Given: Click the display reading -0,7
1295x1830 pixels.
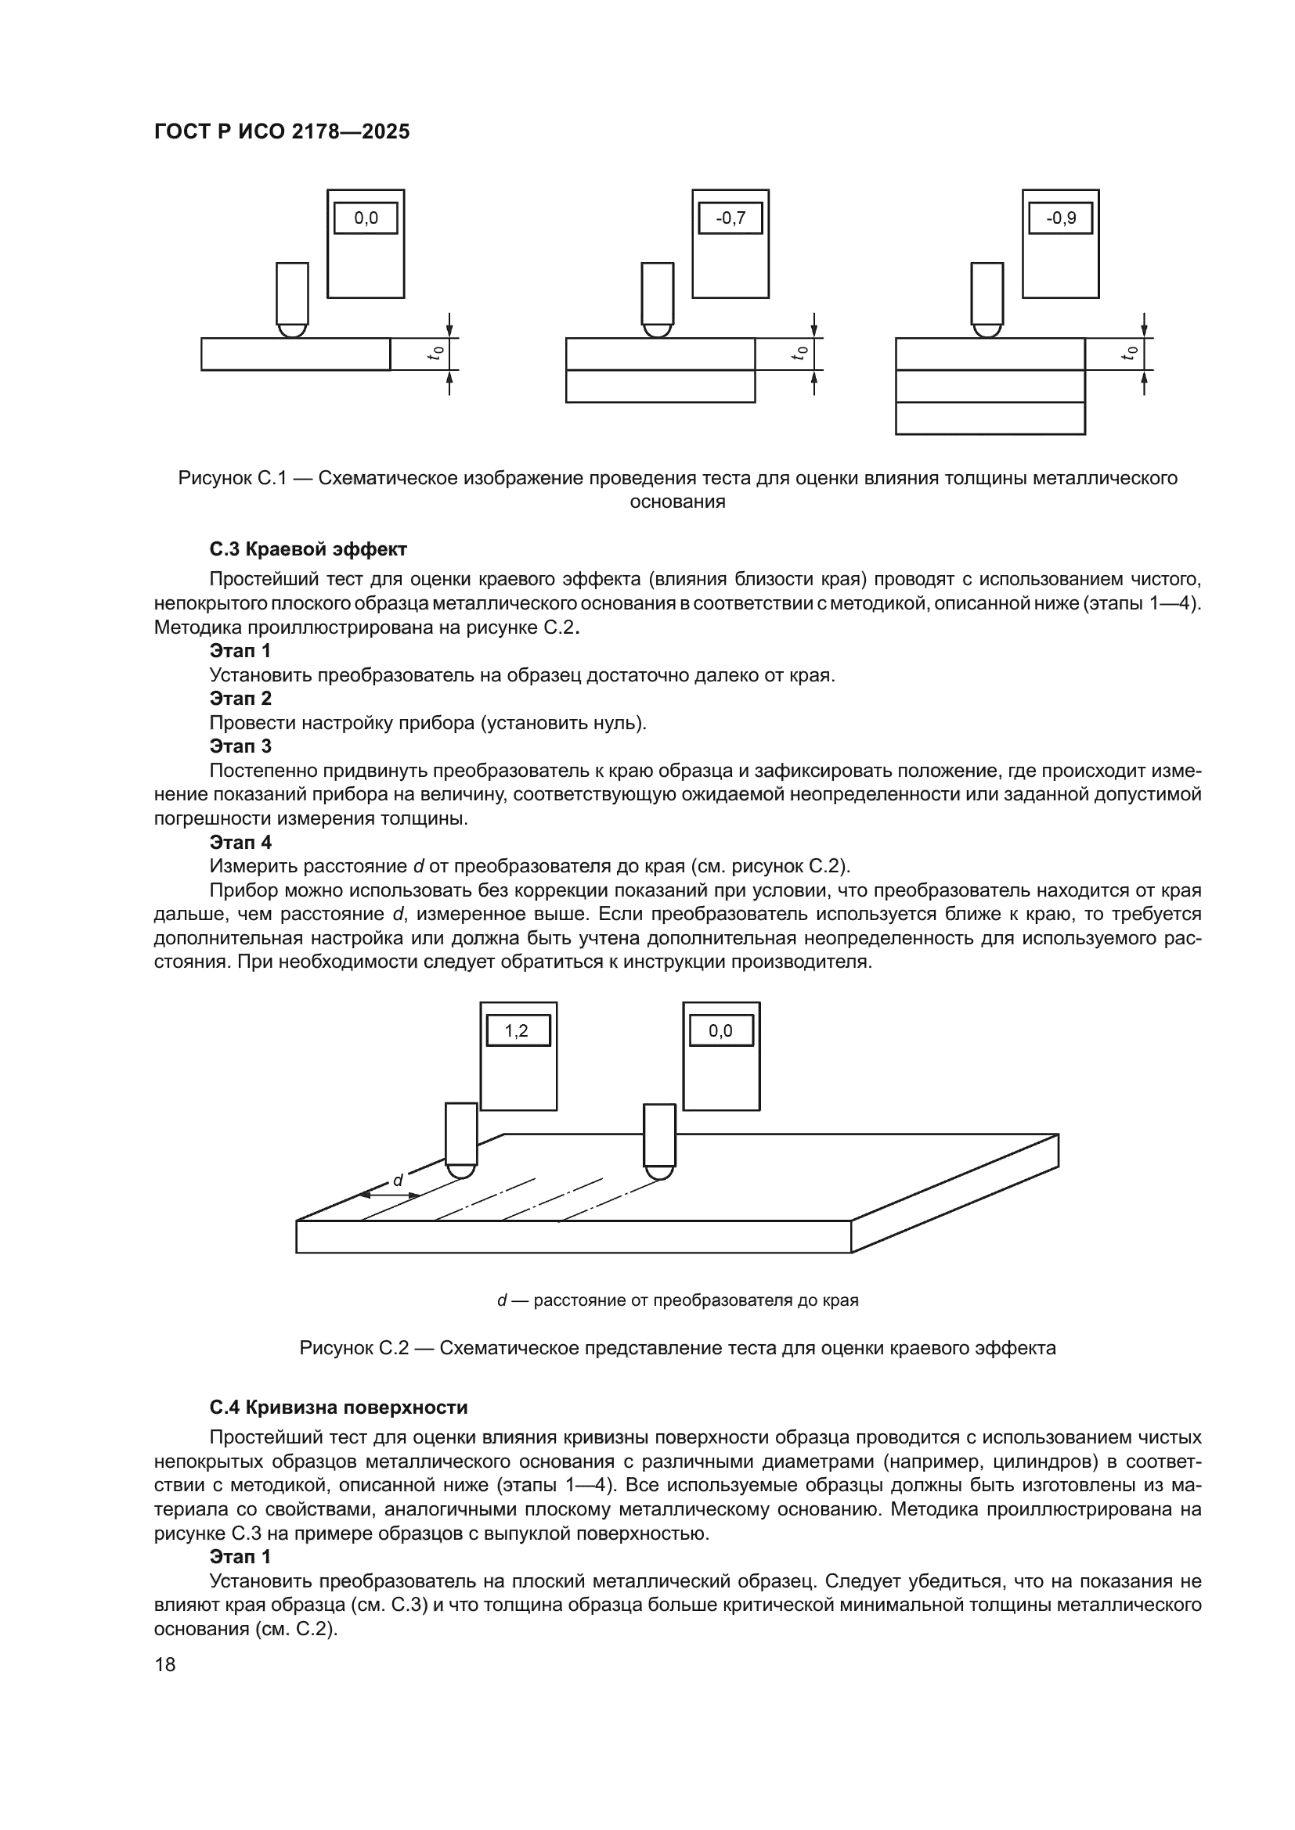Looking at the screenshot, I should coord(730,218).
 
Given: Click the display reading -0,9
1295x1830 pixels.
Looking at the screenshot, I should coord(1060,218).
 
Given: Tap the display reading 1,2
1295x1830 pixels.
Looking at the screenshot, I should coord(518,1030).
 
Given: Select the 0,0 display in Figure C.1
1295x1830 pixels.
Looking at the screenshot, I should coord(365,218).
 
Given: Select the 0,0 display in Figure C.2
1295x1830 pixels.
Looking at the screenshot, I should coord(720,1030).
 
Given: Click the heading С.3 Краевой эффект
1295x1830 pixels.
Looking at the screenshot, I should coord(308,549).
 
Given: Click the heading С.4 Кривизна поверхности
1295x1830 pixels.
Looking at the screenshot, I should coord(338,1408).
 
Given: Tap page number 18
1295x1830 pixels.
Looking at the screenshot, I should coord(165,1664).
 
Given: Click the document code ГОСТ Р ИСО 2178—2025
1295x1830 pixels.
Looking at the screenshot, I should coord(282,131).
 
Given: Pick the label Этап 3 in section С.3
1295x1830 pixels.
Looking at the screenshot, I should coord(240,746).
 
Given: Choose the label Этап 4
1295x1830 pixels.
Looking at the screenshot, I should coord(240,842).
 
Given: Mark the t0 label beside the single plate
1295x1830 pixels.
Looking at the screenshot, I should coord(435,353).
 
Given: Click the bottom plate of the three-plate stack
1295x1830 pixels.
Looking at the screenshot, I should coord(990,419).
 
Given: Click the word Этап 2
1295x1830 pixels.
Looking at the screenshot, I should coord(240,698).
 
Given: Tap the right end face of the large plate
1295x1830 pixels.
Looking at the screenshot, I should coord(954,1192).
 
